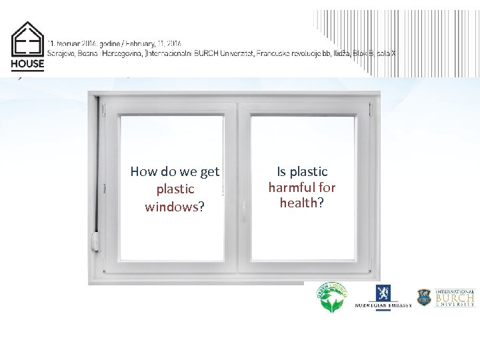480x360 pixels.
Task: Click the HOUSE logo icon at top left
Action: coord(28,39)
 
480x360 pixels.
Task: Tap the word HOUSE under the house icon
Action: coord(27,65)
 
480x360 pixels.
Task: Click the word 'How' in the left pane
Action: coord(143,172)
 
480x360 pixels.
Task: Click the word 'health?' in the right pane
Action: coord(302,203)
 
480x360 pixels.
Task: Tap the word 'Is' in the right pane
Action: coord(281,172)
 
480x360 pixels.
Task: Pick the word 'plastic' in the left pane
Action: coord(175,189)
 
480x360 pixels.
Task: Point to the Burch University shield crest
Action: coord(424,297)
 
